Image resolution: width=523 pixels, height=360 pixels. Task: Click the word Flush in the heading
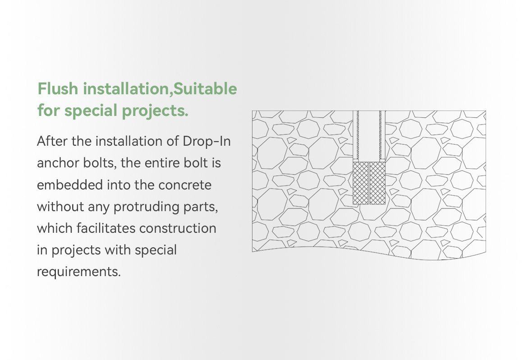pos(58,89)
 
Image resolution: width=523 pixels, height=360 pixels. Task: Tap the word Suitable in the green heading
pos(206,89)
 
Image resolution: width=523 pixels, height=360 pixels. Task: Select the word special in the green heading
pos(91,111)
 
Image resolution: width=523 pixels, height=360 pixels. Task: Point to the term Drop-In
pos(207,141)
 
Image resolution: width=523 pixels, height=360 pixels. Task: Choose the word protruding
pos(147,207)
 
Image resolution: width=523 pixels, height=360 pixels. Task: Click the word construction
pos(178,229)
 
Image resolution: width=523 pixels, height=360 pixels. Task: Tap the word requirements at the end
pos(79,272)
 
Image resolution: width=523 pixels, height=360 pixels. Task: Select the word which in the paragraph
pos(55,228)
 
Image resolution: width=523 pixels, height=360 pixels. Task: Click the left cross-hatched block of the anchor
pos(361,183)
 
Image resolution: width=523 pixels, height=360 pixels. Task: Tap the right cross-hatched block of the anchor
pos(377,183)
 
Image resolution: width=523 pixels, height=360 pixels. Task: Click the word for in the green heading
pos(48,111)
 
